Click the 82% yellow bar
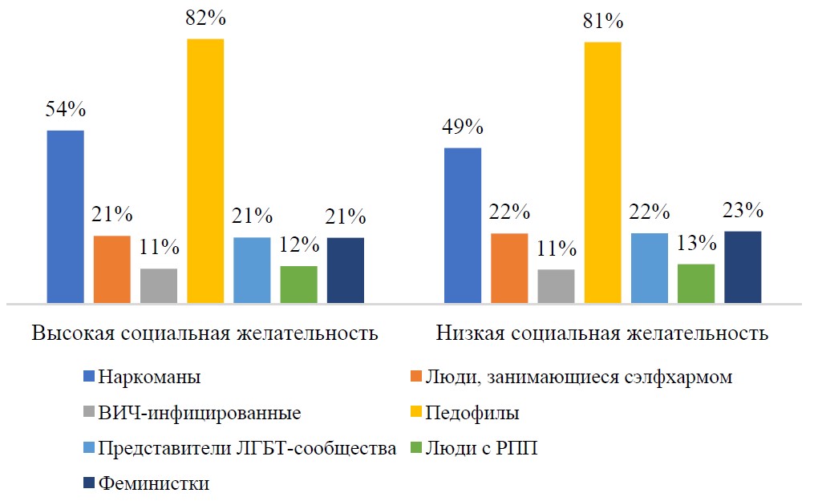(x=205, y=171)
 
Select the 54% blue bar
(x=66, y=216)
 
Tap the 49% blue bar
(x=463, y=225)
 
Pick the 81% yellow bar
(x=602, y=172)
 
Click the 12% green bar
(x=298, y=285)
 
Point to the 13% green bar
(x=695, y=284)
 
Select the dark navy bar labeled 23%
(x=742, y=267)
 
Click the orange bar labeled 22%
(x=509, y=269)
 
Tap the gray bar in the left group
(x=159, y=286)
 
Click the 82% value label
(x=205, y=18)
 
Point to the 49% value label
(x=463, y=127)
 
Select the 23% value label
(x=742, y=210)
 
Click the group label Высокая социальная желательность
(x=205, y=333)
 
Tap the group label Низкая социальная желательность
(x=602, y=333)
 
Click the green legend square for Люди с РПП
(x=414, y=448)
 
